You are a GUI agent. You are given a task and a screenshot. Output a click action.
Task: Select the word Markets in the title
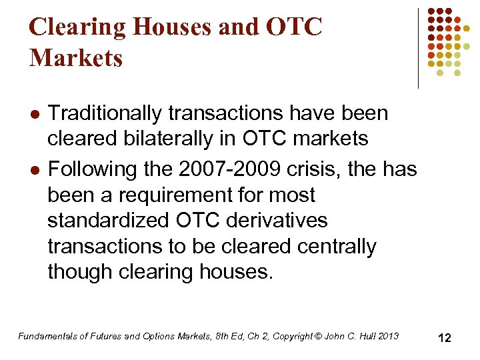point(76,58)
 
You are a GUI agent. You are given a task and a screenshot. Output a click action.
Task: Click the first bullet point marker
point(33,114)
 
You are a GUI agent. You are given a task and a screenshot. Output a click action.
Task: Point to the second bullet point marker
point(33,171)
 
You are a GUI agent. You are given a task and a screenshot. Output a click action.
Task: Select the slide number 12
point(444,338)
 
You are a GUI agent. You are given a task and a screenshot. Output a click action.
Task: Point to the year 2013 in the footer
point(388,336)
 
